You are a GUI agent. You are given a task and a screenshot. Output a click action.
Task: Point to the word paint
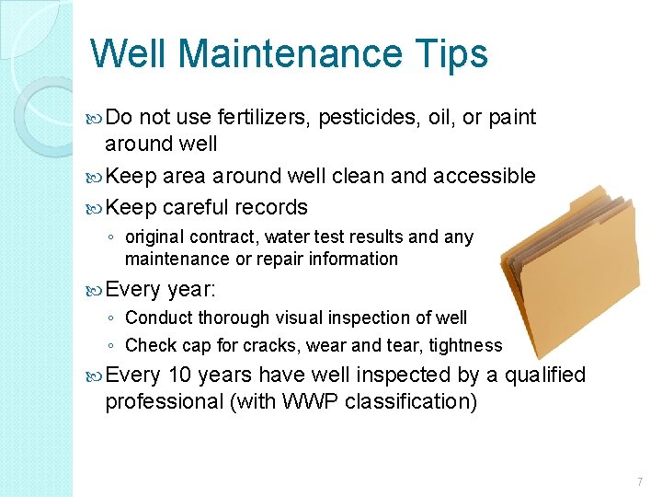coord(512,117)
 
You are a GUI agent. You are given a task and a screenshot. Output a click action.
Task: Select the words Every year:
coord(160,289)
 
